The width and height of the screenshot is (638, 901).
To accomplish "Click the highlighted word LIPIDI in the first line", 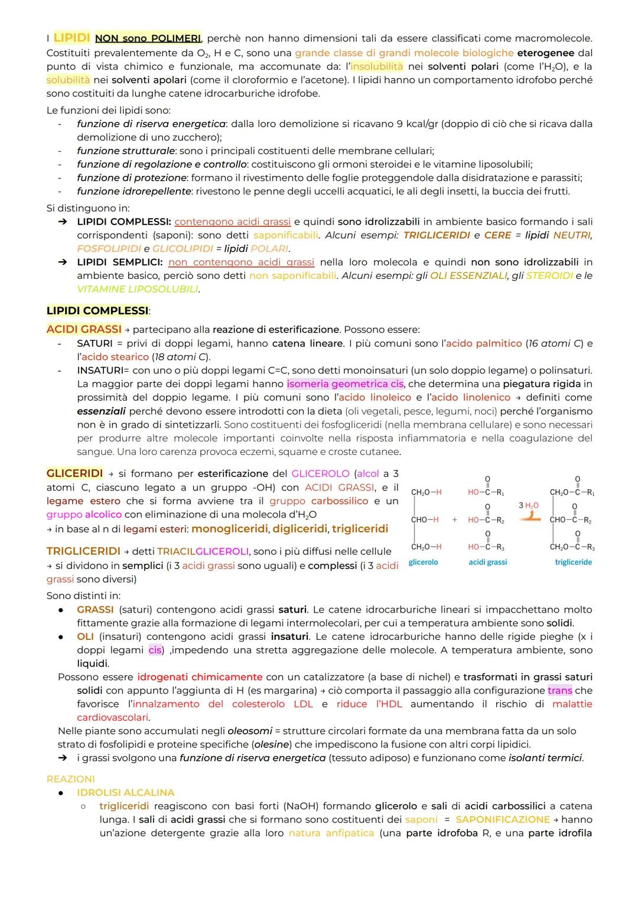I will coord(71,38).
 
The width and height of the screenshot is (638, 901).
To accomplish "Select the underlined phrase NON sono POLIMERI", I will coord(148,38).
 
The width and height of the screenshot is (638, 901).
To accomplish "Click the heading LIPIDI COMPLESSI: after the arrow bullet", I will coord(123,222).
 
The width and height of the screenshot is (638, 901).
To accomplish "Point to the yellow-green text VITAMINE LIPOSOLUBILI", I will coord(138,289).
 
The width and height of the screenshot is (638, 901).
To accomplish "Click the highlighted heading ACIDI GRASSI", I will coord(84,329).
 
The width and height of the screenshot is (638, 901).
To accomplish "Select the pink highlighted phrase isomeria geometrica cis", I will coord(346,384).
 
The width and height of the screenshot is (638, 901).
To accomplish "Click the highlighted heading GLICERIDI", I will coord(74,473).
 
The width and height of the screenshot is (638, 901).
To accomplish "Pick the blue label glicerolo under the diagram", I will coord(424,562).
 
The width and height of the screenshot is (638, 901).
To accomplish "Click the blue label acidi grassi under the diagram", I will coord(488,562).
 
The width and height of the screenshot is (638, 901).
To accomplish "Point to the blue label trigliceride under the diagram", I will coord(573,562).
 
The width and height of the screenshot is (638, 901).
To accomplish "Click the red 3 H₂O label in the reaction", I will coord(528,505).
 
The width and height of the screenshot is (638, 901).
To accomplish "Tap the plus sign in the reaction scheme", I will coord(454,520).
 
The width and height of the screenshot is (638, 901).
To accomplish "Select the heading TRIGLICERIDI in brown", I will coord(83,551).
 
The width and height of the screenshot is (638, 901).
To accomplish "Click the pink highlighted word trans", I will coord(559,690).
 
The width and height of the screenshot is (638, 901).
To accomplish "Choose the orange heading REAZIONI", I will coord(70,779).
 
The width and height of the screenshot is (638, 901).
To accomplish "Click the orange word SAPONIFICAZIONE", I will coord(503,819).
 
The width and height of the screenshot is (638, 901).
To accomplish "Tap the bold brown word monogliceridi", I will coord(230,529).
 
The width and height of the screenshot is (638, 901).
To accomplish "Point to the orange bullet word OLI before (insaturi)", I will coord(85,636).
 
